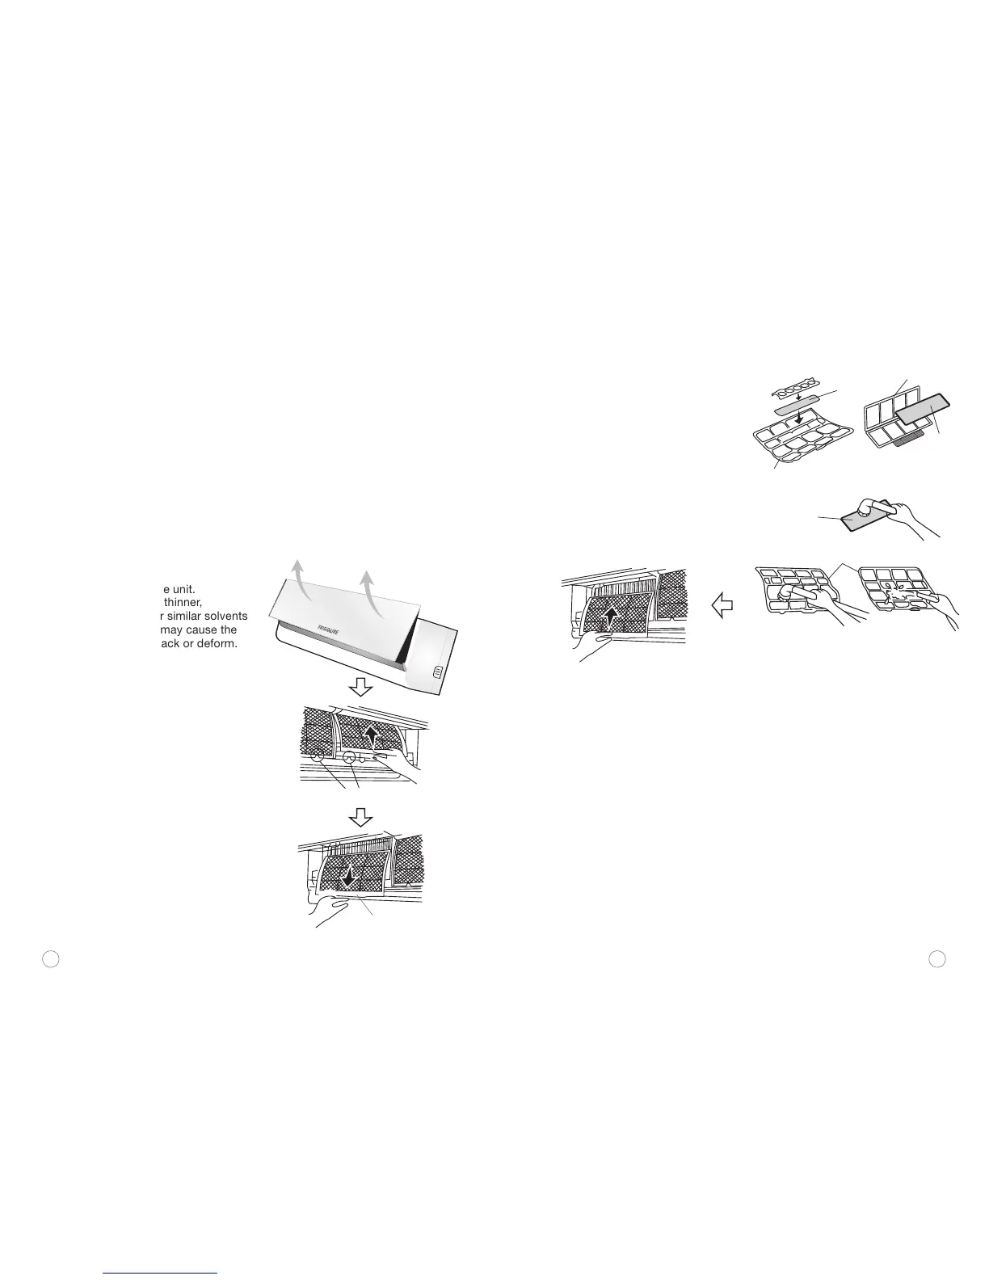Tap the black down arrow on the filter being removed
(349, 876)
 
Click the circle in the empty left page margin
(51, 958)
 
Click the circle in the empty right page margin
(937, 958)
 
